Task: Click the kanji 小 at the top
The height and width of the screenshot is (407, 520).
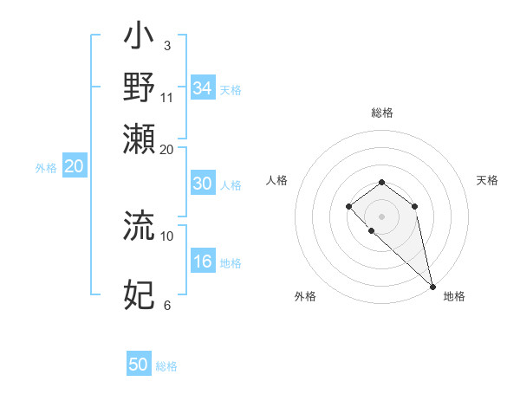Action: (139, 40)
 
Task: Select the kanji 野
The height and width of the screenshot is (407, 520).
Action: (139, 87)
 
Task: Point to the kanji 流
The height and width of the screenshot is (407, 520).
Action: (139, 227)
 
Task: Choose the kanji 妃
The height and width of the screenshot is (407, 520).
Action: (139, 295)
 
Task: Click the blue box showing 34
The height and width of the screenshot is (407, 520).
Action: (202, 88)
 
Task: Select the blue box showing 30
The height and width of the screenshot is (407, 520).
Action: (202, 184)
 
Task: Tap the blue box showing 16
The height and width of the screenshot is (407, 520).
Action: (202, 262)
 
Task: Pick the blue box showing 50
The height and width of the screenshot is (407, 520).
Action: (139, 365)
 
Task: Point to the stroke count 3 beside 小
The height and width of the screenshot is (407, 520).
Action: (166, 45)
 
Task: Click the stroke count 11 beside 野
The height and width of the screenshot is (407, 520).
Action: (167, 95)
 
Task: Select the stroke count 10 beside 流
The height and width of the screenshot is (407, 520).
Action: (167, 235)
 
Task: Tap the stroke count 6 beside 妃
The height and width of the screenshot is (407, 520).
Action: (166, 305)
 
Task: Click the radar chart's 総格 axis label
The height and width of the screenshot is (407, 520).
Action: (382, 113)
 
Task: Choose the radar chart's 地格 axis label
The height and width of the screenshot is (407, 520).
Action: (454, 296)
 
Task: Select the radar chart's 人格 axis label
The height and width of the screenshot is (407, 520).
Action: (277, 180)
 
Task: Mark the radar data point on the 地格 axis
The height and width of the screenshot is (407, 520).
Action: (432, 287)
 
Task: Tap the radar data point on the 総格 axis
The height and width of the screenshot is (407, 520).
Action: (381, 182)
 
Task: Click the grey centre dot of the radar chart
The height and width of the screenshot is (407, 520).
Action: (381, 216)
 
